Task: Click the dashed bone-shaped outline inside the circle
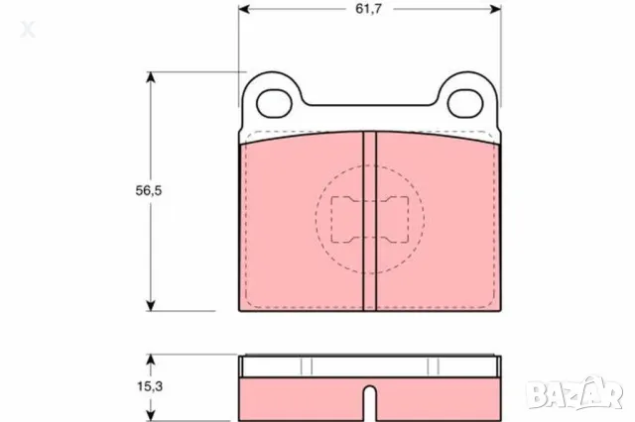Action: pos(369,218)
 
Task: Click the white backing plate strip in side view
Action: pos(369,364)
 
